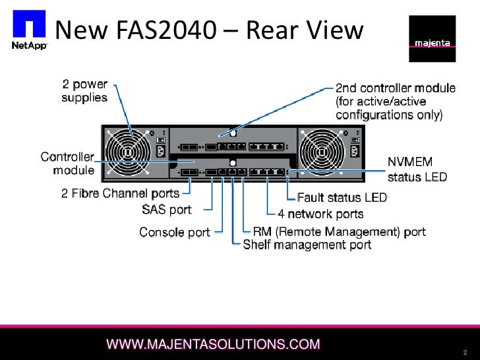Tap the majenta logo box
click(x=432, y=39)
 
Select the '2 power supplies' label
click(x=84, y=91)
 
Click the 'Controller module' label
click(x=68, y=164)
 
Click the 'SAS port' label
click(x=167, y=210)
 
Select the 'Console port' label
click(x=175, y=232)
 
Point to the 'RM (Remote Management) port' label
click(x=340, y=232)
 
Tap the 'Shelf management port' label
click(x=307, y=245)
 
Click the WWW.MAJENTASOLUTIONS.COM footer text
click(x=214, y=344)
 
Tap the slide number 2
click(x=465, y=351)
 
